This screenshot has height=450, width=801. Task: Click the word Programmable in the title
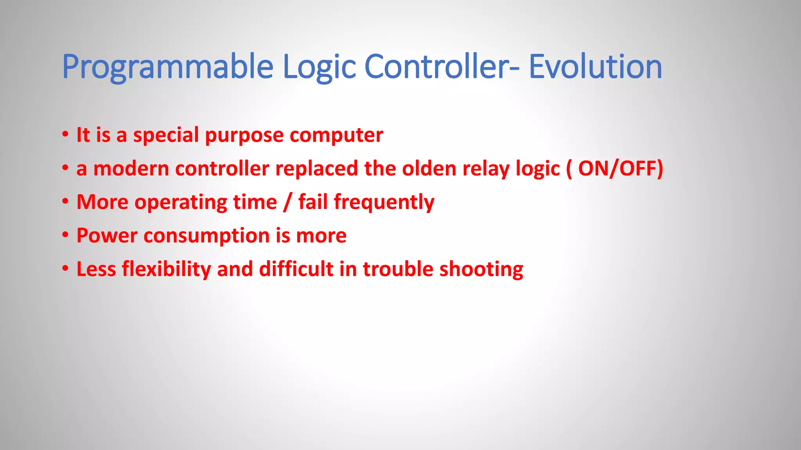click(167, 67)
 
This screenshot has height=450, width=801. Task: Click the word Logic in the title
click(319, 67)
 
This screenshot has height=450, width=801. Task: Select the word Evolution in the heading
click(595, 67)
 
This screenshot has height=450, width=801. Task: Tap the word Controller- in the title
click(442, 67)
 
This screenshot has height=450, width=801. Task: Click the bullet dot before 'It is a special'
click(65, 135)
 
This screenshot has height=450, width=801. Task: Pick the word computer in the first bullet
click(336, 136)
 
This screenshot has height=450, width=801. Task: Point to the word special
click(166, 136)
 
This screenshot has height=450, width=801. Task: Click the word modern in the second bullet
click(131, 169)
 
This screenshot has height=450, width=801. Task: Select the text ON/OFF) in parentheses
click(621, 169)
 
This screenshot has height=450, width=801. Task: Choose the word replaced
click(316, 169)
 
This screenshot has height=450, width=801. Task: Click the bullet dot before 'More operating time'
click(65, 202)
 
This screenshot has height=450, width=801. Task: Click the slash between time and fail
click(288, 203)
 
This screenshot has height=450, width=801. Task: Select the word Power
click(107, 236)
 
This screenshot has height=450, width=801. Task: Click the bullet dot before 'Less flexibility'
click(65, 269)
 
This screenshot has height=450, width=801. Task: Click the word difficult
click(296, 270)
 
